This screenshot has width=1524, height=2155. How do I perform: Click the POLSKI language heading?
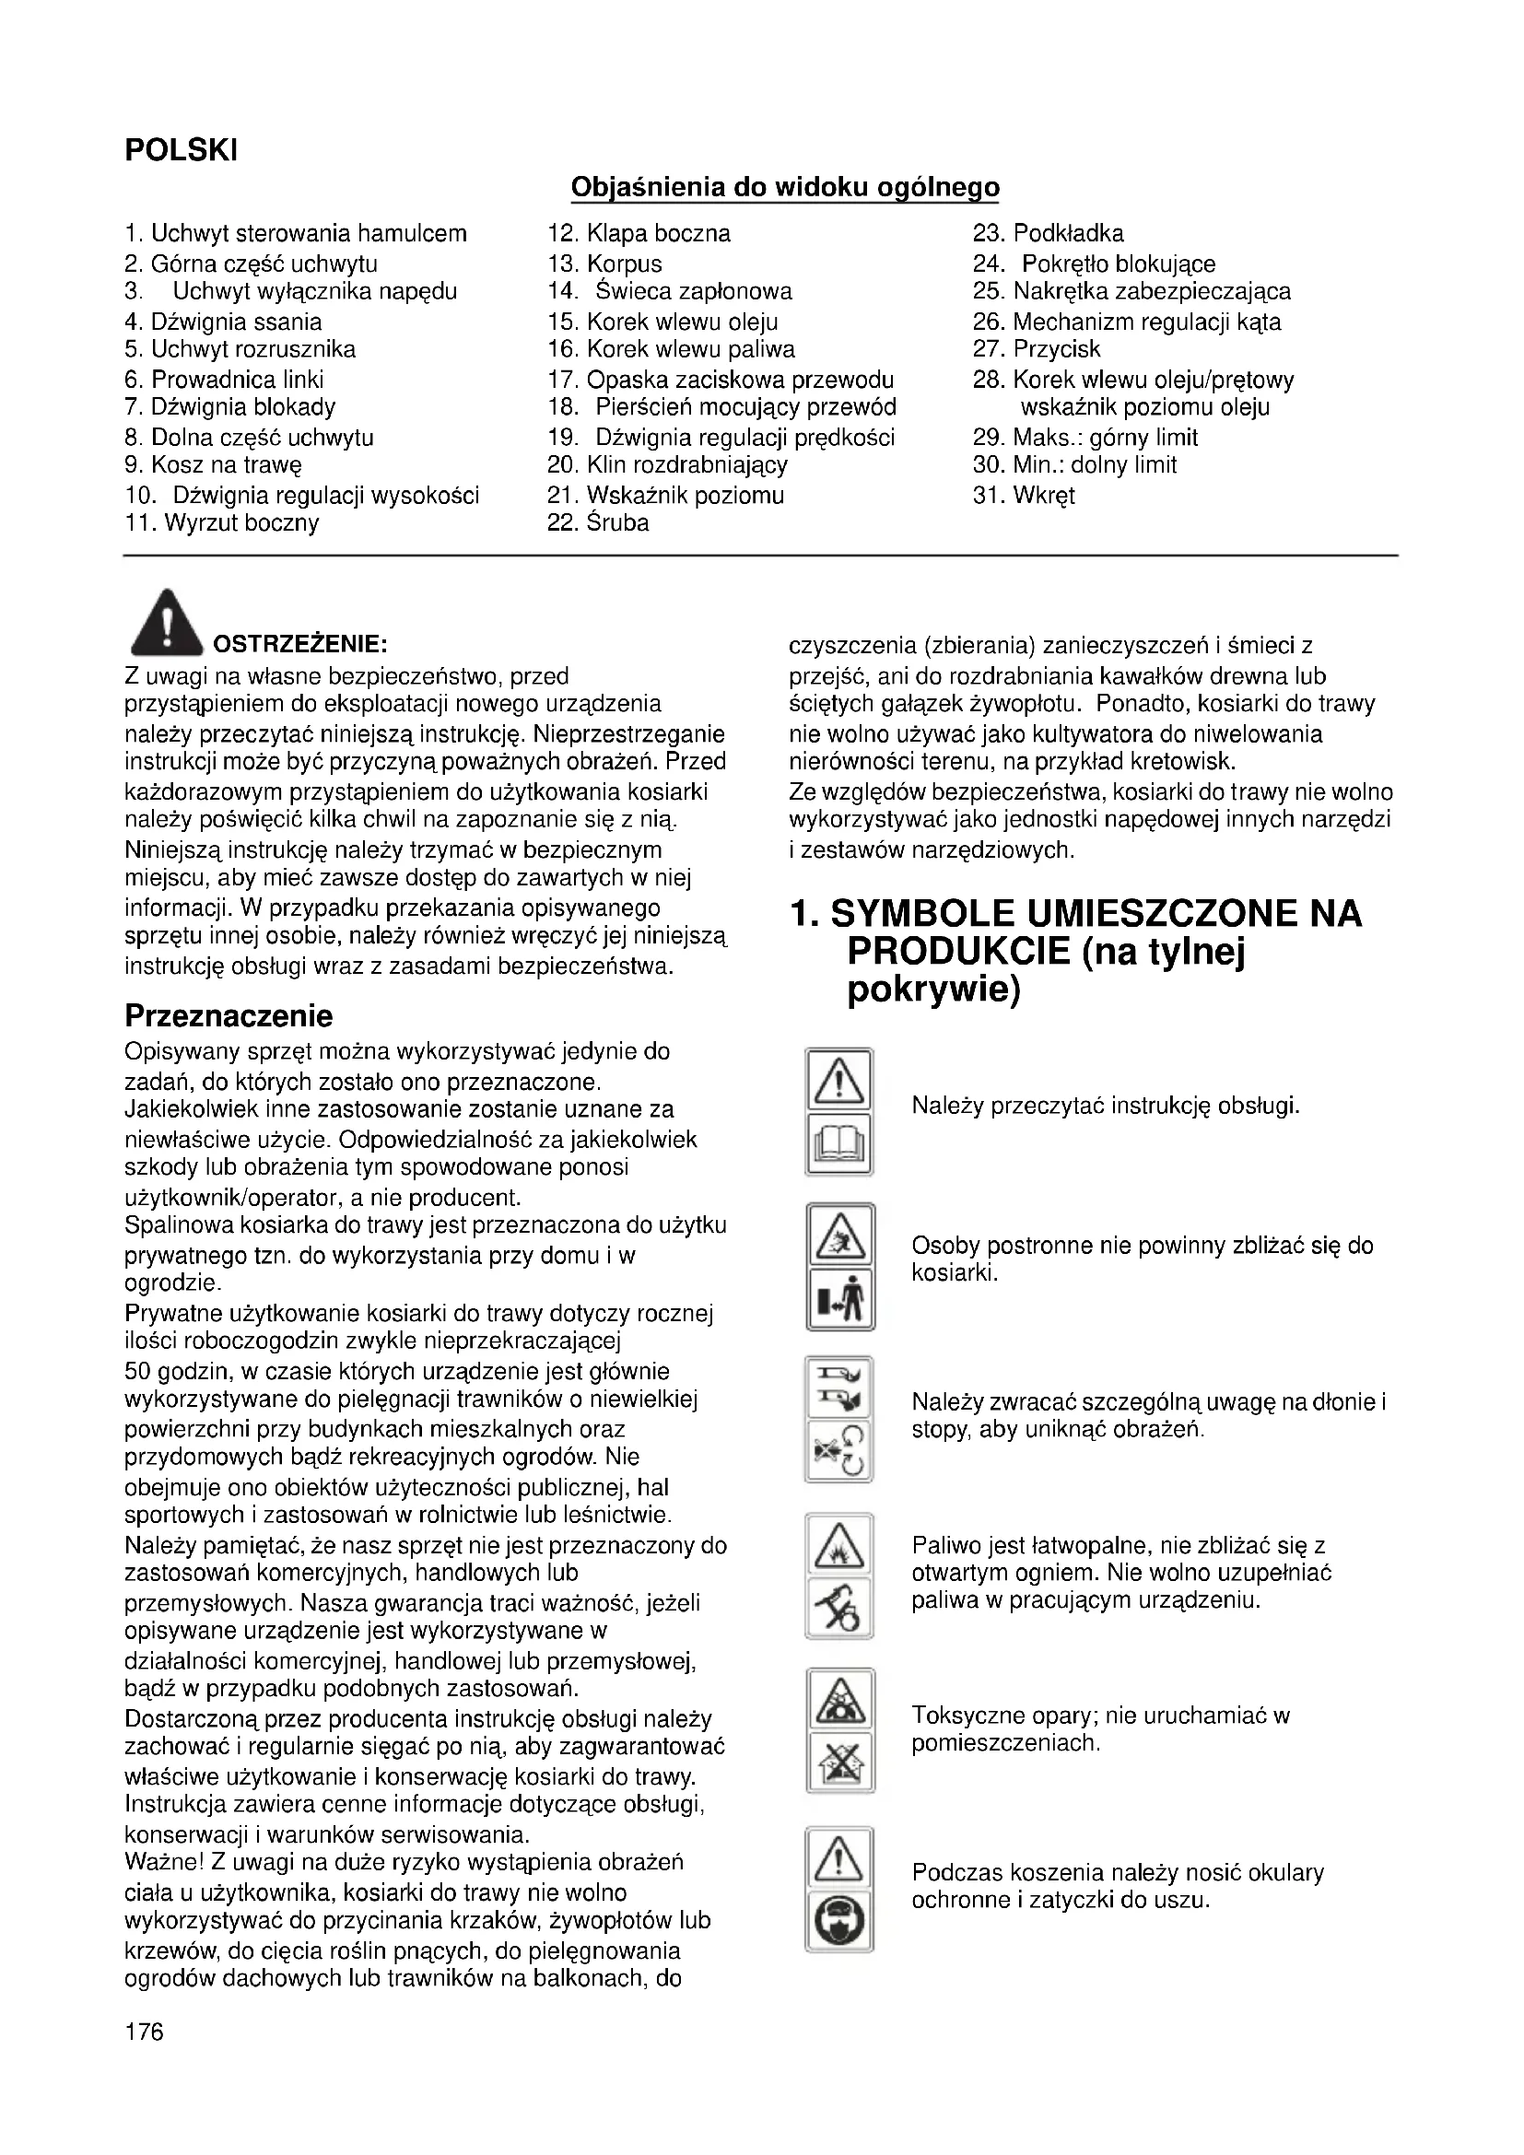pos(182,150)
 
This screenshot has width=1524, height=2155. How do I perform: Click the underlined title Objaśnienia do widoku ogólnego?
pos(784,188)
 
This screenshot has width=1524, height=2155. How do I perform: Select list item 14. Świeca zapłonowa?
pos(670,292)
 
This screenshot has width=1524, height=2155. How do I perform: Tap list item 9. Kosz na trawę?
pos(213,465)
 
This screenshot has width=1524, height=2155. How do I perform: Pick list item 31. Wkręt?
pos(1024,496)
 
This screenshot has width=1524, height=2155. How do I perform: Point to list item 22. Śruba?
pos(598,522)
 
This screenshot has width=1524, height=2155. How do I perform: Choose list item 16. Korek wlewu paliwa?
pos(671,350)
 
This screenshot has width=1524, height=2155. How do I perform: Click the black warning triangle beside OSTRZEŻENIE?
pos(166,623)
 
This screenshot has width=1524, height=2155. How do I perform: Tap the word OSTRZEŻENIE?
pos(300,645)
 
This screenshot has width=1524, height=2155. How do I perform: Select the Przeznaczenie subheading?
pos(229,1015)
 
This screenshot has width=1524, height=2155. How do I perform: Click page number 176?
pos(144,2032)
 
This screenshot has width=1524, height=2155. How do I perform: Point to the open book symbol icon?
pos(840,1144)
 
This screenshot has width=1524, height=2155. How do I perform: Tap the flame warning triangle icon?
pos(840,1546)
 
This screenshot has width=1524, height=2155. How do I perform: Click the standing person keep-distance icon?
pos(840,1300)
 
